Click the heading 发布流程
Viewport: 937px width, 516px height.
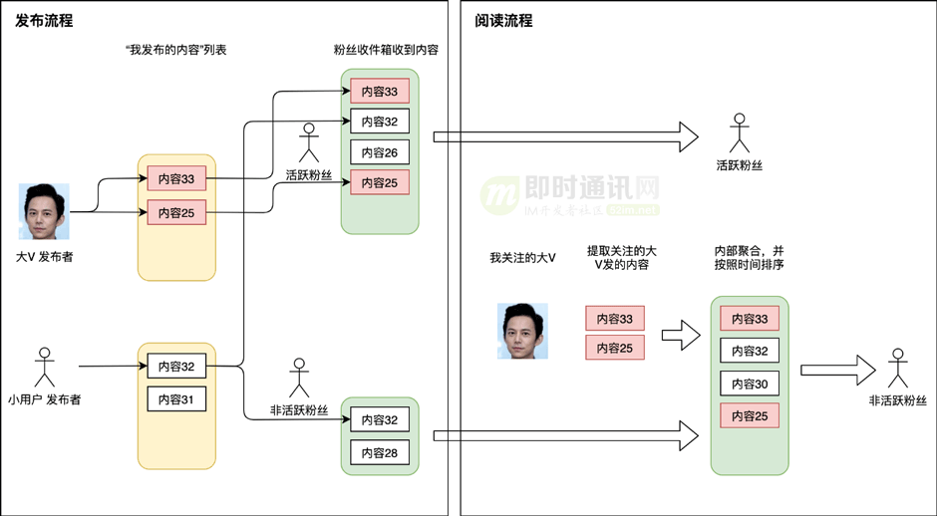[45, 21]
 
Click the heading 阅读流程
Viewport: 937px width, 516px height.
[504, 21]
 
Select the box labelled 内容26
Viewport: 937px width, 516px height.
[379, 152]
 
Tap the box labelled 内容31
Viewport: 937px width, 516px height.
[176, 399]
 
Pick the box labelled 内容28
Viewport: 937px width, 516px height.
[379, 452]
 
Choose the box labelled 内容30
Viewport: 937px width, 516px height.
[750, 384]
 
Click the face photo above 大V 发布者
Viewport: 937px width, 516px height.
[44, 211]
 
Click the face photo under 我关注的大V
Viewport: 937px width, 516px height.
[522, 331]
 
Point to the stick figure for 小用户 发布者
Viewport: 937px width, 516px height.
[43, 368]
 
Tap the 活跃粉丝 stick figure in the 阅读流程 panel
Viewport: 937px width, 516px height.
[739, 131]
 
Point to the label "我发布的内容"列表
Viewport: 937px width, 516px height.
[175, 50]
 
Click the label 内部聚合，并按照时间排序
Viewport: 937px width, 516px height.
[750, 259]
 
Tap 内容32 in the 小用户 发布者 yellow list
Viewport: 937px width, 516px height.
[176, 367]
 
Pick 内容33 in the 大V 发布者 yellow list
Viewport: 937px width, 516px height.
[176, 179]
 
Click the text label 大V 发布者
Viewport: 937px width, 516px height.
[44, 256]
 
